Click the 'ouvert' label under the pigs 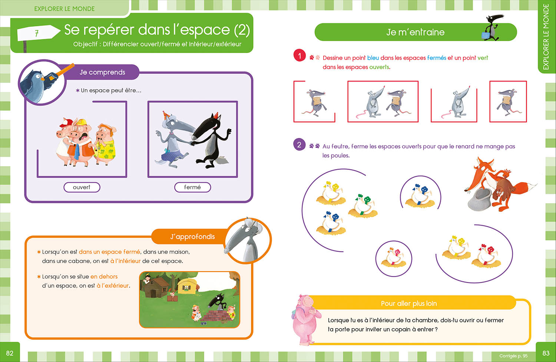(x=82, y=187)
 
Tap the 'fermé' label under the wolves (x=192, y=187)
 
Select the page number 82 (x=10, y=353)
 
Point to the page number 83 (x=546, y=353)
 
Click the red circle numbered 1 (x=299, y=56)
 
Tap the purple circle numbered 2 (x=299, y=145)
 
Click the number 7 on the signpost (x=37, y=33)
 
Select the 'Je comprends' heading (x=102, y=72)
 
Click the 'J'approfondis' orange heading (x=192, y=237)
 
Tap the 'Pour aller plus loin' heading (x=408, y=303)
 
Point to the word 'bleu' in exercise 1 (x=373, y=58)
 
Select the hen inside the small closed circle (x=393, y=257)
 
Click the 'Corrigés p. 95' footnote (x=513, y=356)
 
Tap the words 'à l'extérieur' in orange (x=113, y=286)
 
